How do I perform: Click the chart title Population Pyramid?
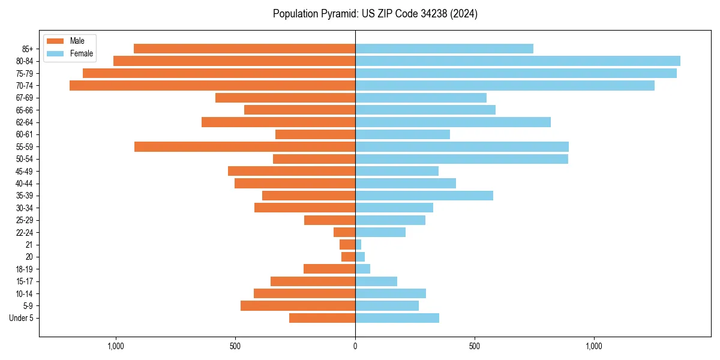(375, 14)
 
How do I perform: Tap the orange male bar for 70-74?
(212, 85)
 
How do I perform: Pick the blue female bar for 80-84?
(517, 61)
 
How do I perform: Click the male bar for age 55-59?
(245, 146)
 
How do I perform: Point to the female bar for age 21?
(358, 244)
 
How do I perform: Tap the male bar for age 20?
(348, 257)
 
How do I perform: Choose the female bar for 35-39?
(424, 196)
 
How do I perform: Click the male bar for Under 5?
(322, 318)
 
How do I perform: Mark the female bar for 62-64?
(452, 122)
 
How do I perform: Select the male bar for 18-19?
(329, 269)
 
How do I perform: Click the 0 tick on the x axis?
(355, 346)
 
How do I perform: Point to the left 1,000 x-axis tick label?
(115, 346)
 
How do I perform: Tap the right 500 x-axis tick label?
(475, 346)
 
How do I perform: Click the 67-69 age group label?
(25, 98)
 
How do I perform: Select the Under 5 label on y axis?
(22, 318)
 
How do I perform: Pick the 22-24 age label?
(25, 232)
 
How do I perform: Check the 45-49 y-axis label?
(25, 171)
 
